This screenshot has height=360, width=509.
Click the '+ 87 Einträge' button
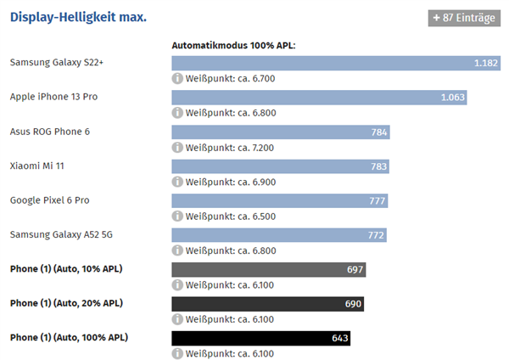click(x=464, y=18)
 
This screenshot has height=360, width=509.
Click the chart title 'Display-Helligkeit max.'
click(x=78, y=17)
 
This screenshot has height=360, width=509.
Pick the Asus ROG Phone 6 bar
click(x=281, y=132)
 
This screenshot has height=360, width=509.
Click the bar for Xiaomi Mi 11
click(x=281, y=166)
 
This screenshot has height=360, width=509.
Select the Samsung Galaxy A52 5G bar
click(x=279, y=235)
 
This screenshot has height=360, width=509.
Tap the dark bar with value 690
click(x=268, y=304)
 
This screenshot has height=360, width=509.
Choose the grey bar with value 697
click(x=269, y=270)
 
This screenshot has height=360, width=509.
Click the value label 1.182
click(x=486, y=63)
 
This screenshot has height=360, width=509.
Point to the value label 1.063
click(x=453, y=98)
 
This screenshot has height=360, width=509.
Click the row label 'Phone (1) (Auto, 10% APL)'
click(x=67, y=269)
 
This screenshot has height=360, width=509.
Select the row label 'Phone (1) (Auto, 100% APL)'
click(x=70, y=338)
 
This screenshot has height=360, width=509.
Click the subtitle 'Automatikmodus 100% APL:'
click(x=233, y=45)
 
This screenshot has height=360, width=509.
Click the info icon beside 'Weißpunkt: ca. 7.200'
click(x=177, y=148)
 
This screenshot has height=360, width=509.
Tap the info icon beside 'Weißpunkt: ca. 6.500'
click(x=177, y=217)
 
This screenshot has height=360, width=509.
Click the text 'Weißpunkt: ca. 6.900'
click(x=231, y=182)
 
